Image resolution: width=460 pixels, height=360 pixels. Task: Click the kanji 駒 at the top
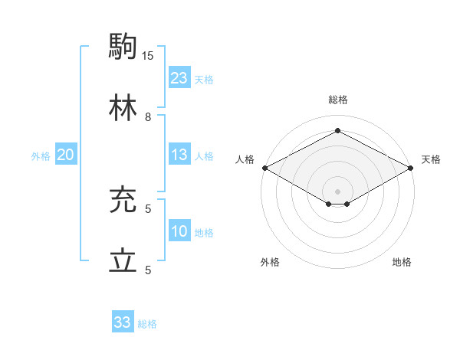click(x=123, y=46)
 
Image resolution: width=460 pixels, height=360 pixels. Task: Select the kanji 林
click(x=123, y=107)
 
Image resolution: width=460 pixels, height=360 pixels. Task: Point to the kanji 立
click(x=123, y=260)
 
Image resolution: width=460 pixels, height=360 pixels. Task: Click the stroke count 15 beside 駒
click(x=148, y=55)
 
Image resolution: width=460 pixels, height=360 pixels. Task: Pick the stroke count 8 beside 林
click(x=148, y=116)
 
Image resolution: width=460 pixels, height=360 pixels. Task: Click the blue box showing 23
click(x=179, y=78)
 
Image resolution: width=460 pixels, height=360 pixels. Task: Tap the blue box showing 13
click(x=179, y=155)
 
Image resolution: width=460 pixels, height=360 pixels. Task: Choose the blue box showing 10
click(x=179, y=231)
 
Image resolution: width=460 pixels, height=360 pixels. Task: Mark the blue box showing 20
click(x=65, y=155)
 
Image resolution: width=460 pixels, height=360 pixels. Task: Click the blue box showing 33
click(x=122, y=322)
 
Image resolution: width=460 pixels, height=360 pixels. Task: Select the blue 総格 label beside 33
click(x=147, y=324)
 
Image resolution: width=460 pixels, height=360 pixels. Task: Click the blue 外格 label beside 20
click(x=41, y=156)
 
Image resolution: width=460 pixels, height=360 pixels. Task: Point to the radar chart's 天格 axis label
click(x=432, y=159)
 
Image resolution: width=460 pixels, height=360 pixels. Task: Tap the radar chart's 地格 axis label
click(x=402, y=263)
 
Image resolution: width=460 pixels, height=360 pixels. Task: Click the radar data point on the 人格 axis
click(x=264, y=168)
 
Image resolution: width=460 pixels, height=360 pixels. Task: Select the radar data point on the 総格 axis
click(x=337, y=130)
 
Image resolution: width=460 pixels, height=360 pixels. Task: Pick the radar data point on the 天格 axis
click(x=411, y=168)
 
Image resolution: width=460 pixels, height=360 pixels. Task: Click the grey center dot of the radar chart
click(x=337, y=191)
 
